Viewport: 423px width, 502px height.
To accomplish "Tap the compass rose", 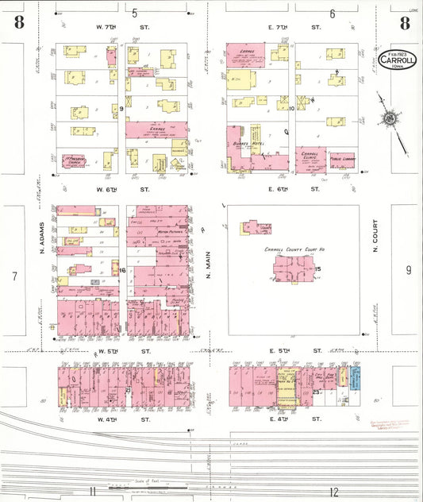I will point(390,119).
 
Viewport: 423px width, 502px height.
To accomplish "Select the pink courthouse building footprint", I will point(293,270).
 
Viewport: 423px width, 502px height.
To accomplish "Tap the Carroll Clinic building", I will point(310,160).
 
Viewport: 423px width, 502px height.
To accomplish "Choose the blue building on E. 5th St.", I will point(356,377).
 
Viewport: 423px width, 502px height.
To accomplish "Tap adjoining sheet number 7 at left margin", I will point(13,276).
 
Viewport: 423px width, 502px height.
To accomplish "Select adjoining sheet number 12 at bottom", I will point(334,492).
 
